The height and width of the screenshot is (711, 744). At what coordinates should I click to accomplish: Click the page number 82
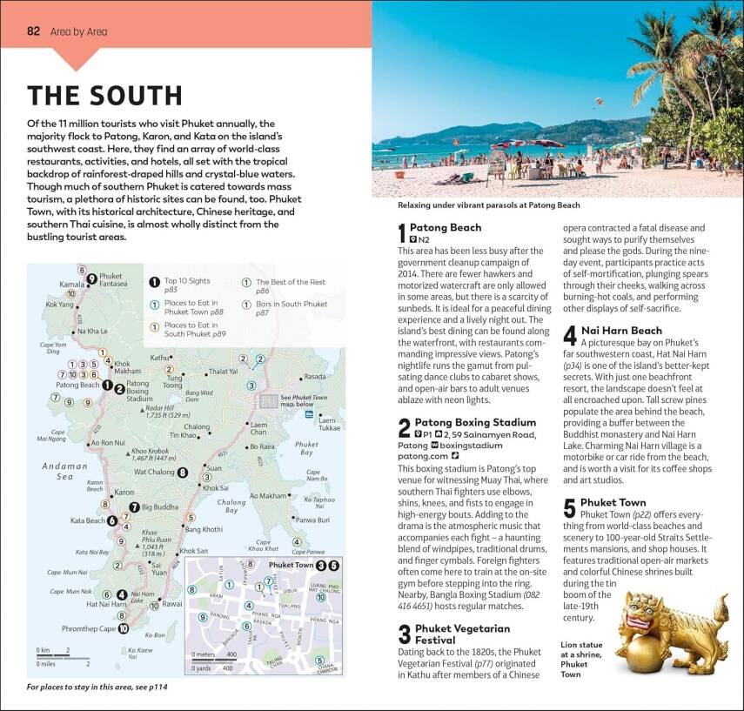[34, 31]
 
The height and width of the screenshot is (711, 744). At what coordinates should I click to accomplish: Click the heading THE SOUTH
[104, 95]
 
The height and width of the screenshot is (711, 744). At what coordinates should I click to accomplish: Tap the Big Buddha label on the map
[159, 506]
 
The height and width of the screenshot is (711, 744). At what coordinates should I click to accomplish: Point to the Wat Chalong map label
[151, 473]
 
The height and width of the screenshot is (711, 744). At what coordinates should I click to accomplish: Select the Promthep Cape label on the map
[90, 628]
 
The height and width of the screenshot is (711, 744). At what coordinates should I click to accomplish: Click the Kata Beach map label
[87, 521]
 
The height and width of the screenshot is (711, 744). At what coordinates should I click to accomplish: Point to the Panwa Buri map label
[312, 520]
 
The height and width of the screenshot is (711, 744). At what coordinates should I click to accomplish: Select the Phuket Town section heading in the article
[613, 502]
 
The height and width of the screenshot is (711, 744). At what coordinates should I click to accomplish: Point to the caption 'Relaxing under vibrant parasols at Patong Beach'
[488, 205]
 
